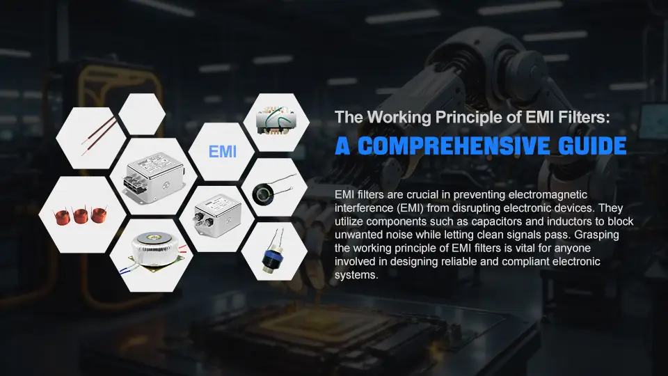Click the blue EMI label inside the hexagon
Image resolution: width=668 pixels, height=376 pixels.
(223, 152)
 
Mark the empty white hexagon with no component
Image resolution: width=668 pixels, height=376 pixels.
(142, 113)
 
